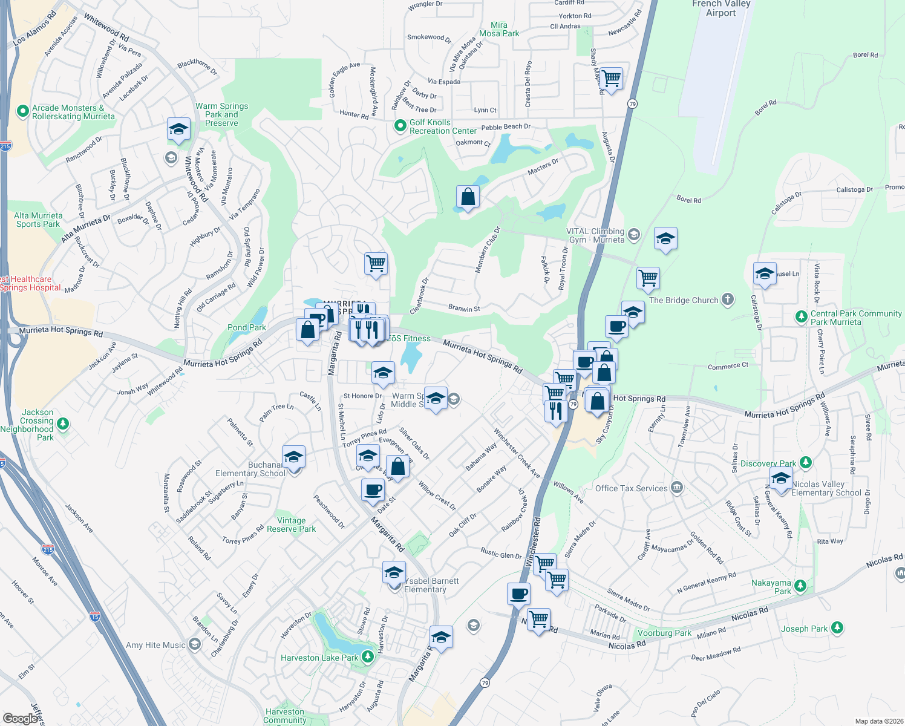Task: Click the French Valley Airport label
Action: click(x=720, y=8)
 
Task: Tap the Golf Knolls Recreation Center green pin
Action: click(x=400, y=126)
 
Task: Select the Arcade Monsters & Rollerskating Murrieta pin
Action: click(x=23, y=111)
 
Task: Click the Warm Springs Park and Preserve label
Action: click(x=221, y=114)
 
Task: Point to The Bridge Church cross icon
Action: click(x=728, y=299)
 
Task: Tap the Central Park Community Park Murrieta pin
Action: click(x=801, y=316)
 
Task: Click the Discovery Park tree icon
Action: click(x=805, y=463)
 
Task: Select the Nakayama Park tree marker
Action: click(x=800, y=585)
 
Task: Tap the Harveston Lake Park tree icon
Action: click(x=367, y=656)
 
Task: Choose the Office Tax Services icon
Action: click(x=677, y=487)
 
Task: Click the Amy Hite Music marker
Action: click(x=194, y=644)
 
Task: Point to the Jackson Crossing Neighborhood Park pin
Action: click(x=63, y=423)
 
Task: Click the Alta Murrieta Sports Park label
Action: click(x=38, y=220)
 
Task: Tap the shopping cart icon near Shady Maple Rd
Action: click(x=612, y=77)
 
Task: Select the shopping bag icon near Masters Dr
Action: click(x=468, y=197)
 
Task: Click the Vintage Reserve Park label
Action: click(x=291, y=525)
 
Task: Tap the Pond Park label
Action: click(x=247, y=327)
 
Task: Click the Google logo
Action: click(x=20, y=719)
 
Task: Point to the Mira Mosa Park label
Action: click(x=499, y=29)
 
